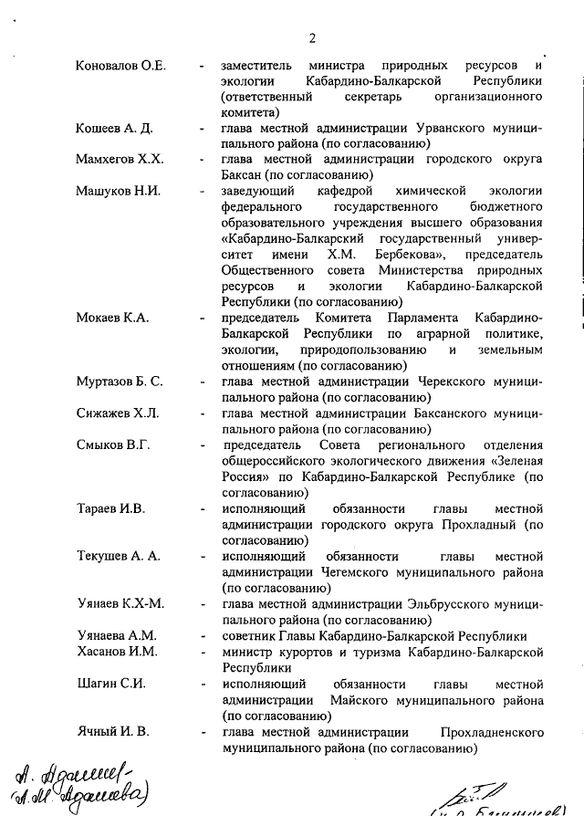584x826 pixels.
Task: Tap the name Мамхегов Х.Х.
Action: (120, 160)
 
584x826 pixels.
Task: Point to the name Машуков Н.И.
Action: (118, 191)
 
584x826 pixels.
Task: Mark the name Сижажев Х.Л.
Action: (117, 413)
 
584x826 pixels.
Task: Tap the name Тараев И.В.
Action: (110, 508)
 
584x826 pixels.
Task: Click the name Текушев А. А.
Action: (118, 556)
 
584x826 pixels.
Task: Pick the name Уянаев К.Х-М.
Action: (120, 603)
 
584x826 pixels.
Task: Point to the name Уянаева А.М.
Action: (117, 635)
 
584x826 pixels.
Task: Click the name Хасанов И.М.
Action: (117, 652)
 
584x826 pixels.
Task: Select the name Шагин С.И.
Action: (110, 684)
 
